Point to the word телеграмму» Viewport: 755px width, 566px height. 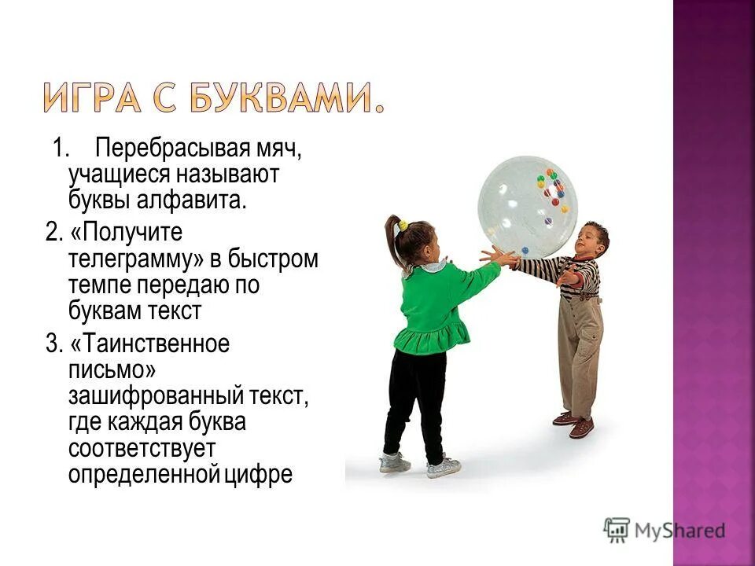tap(131, 259)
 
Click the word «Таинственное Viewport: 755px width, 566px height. tap(149, 344)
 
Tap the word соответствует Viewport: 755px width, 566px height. tap(142, 448)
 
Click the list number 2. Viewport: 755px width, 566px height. tap(52, 233)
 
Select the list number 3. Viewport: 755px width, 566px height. tap(52, 344)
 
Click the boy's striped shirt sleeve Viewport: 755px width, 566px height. tap(543, 267)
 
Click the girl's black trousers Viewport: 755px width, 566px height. tap(414, 401)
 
